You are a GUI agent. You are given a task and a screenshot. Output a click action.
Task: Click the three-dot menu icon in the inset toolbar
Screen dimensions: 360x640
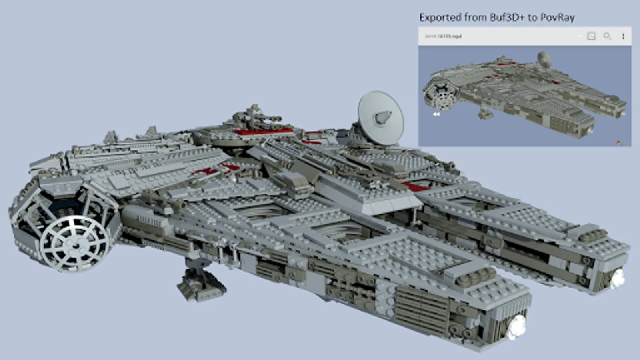[623, 36]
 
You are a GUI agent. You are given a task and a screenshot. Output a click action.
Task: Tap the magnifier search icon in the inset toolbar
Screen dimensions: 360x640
[607, 36]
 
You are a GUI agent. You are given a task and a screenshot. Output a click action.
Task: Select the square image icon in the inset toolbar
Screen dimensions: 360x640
[591, 36]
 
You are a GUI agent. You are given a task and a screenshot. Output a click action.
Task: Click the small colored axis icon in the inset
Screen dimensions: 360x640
[618, 142]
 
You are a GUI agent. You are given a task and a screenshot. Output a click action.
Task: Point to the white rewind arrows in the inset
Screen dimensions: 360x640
[436, 114]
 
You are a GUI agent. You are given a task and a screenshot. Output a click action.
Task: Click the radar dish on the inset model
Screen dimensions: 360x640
[544, 59]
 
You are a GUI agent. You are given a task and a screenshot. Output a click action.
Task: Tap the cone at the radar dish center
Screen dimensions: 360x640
[382, 117]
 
